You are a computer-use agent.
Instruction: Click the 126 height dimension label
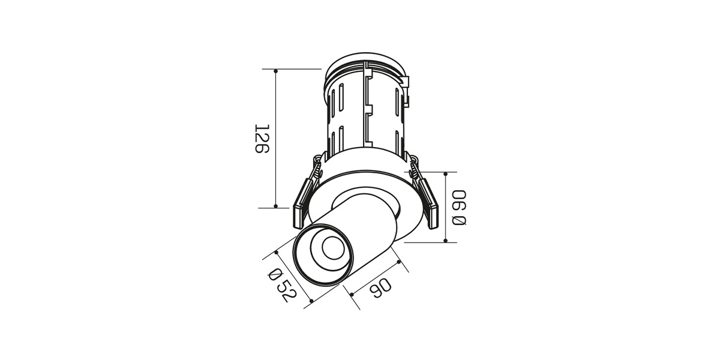pyautogui.click(x=262, y=139)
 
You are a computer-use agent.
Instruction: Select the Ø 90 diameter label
pyautogui.click(x=459, y=208)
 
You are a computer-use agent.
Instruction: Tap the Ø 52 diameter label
pyautogui.click(x=282, y=286)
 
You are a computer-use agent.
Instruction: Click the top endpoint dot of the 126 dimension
pyautogui.click(x=276, y=71)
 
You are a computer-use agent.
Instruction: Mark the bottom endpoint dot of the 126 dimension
pyautogui.click(x=276, y=206)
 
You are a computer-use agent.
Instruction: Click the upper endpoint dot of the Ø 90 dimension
pyautogui.click(x=445, y=174)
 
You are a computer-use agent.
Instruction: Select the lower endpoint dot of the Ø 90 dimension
pyautogui.click(x=445, y=241)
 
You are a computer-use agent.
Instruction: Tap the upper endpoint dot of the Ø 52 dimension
pyautogui.click(x=277, y=253)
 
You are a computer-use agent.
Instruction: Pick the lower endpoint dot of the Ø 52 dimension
pyautogui.click(x=311, y=301)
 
